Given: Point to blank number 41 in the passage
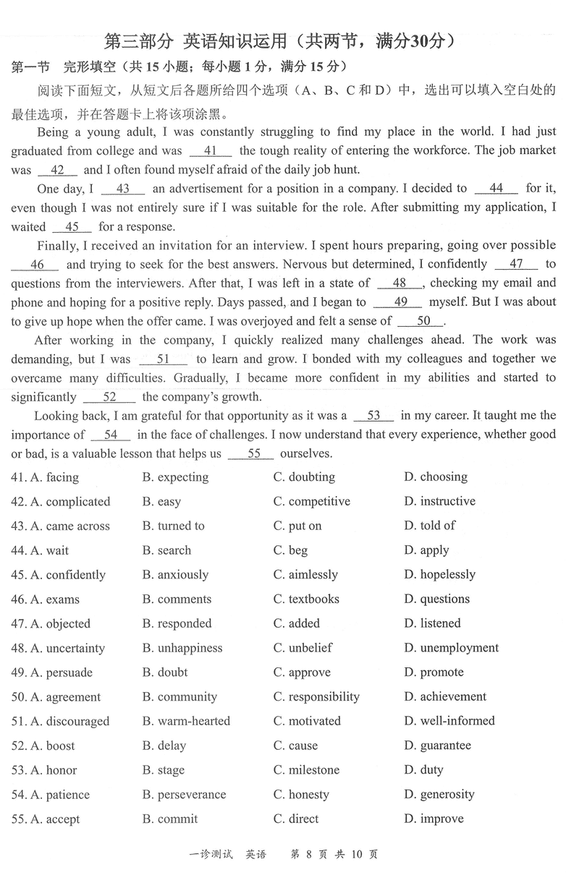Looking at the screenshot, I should (211, 151).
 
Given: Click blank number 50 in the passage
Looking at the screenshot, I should (423, 321).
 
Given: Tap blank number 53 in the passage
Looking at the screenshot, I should (373, 416).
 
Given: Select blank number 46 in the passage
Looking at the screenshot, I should (37, 265).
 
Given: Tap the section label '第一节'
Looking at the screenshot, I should (30, 68).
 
